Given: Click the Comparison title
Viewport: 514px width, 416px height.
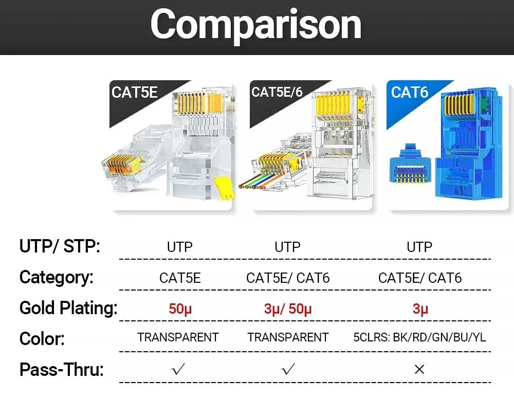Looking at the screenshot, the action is (x=256, y=24).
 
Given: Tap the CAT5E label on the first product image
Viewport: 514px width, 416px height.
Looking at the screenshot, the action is (x=134, y=92).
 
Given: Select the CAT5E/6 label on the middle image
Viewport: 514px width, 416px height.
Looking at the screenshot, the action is (x=277, y=92).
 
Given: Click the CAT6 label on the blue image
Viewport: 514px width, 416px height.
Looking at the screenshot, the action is (x=410, y=92).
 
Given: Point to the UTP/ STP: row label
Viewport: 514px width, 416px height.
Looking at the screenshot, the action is (x=60, y=246).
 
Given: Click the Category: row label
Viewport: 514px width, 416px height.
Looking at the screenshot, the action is (x=57, y=277).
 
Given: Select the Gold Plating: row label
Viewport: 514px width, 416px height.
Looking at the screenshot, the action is (x=68, y=308).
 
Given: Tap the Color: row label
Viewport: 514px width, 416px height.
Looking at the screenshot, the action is (x=42, y=339).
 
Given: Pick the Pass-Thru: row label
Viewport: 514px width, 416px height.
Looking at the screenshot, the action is (x=62, y=369).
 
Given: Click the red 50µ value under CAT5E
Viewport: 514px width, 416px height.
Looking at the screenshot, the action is (x=180, y=309).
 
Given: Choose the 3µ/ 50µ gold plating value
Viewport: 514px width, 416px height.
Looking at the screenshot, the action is (x=288, y=309).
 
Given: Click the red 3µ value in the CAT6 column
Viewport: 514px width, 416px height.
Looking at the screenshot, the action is (x=420, y=309).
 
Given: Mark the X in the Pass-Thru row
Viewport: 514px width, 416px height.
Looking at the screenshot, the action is (x=419, y=369).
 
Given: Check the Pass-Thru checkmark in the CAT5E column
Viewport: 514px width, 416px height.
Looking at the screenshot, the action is (x=178, y=369).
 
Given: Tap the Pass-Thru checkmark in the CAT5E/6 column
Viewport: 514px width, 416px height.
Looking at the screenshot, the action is (x=288, y=369).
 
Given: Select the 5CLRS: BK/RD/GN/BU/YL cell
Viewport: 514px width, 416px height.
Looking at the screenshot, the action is (x=419, y=337).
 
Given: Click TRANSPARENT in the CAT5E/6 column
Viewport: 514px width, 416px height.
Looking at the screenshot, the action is (x=288, y=337).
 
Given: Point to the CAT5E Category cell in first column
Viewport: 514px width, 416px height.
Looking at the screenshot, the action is (x=180, y=278).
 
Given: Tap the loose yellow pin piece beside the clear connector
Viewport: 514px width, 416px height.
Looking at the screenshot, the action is (x=225, y=188).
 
